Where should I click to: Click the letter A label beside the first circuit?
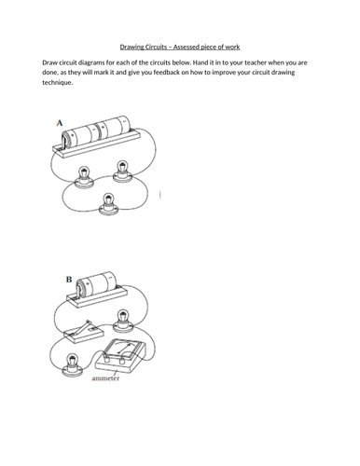point(60,123)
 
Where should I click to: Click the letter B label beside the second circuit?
point(69,280)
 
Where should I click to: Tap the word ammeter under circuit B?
point(105,378)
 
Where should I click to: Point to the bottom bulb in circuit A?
point(107,203)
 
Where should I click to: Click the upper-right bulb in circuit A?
point(122,171)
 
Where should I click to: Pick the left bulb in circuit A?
point(84,177)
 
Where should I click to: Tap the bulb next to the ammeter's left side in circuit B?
point(72,365)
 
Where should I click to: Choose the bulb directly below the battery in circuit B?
point(123,321)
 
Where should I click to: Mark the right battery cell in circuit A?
point(113,127)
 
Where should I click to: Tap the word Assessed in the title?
point(187,47)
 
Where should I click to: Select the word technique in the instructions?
point(57,83)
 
